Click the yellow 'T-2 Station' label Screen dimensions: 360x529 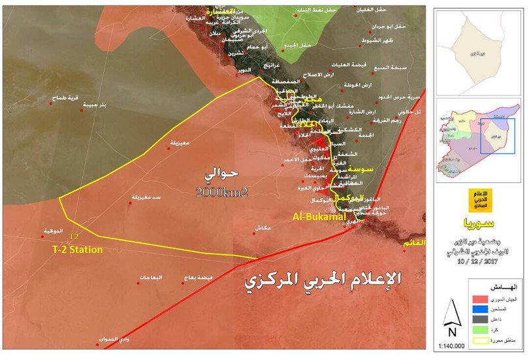pyautogui.click(x=77, y=249)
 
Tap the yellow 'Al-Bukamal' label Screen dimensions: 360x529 pyautogui.click(x=318, y=216)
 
